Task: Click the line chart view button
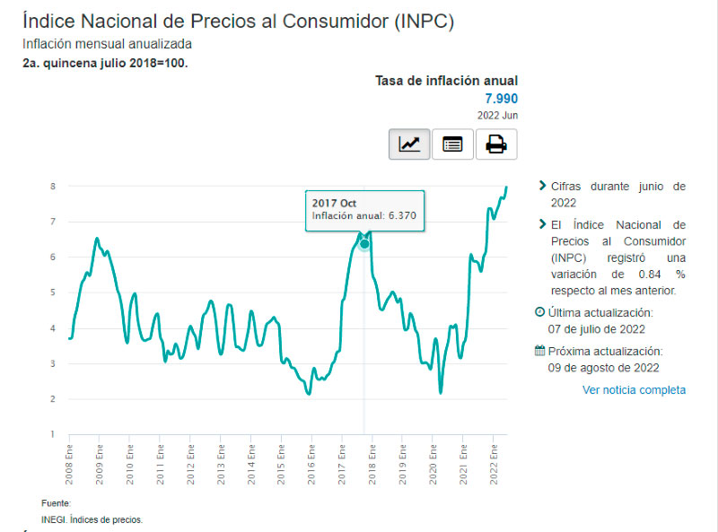tap(409, 144)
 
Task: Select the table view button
tap(452, 144)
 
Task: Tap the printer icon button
tap(496, 144)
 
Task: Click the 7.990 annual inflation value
tap(502, 99)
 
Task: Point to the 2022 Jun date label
tap(497, 115)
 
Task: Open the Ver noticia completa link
tap(634, 389)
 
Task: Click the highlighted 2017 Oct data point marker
tap(364, 244)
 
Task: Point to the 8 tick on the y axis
tap(53, 187)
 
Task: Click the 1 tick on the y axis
tap(53, 434)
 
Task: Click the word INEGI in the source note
tap(53, 519)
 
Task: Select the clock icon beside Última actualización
tap(539, 312)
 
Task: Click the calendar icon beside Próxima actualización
tap(539, 352)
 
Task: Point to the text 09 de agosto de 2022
tap(603, 367)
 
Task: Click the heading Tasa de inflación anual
tap(446, 81)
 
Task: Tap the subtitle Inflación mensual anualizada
tap(107, 44)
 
